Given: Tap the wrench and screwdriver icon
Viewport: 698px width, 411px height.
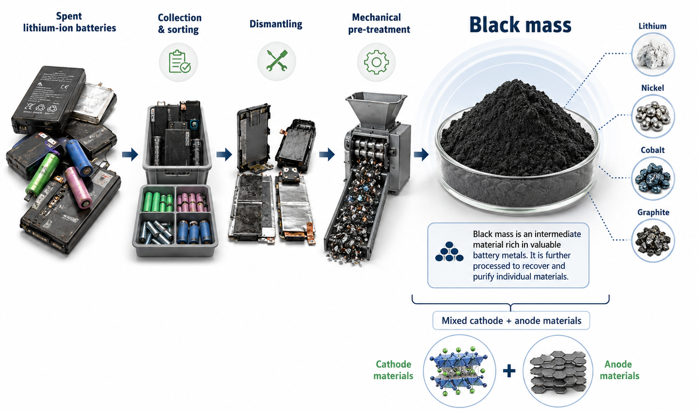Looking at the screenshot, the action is click(x=277, y=61).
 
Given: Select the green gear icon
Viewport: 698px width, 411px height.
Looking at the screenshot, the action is click(x=376, y=62).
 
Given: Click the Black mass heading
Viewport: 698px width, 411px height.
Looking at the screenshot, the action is click(x=520, y=25).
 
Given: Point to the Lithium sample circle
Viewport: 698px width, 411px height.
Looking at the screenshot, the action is click(x=653, y=54).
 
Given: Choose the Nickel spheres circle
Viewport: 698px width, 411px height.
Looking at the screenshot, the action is click(x=653, y=116).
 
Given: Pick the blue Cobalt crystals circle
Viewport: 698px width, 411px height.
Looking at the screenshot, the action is click(x=653, y=178).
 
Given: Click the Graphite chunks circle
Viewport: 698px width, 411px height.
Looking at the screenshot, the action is click(x=653, y=241).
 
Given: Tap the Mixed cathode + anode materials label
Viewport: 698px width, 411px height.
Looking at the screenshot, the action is click(x=511, y=321).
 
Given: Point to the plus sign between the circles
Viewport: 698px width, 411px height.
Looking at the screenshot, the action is click(x=509, y=371).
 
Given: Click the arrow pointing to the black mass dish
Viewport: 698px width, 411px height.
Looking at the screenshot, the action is click(x=421, y=154).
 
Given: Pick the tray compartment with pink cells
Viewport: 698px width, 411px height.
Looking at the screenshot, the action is click(x=192, y=200).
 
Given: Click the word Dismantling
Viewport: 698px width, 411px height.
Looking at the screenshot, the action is click(x=276, y=24).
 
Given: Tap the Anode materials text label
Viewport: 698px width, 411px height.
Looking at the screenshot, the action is click(x=619, y=370).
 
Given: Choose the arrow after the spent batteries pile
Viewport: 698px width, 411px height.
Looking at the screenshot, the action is click(x=130, y=154).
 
